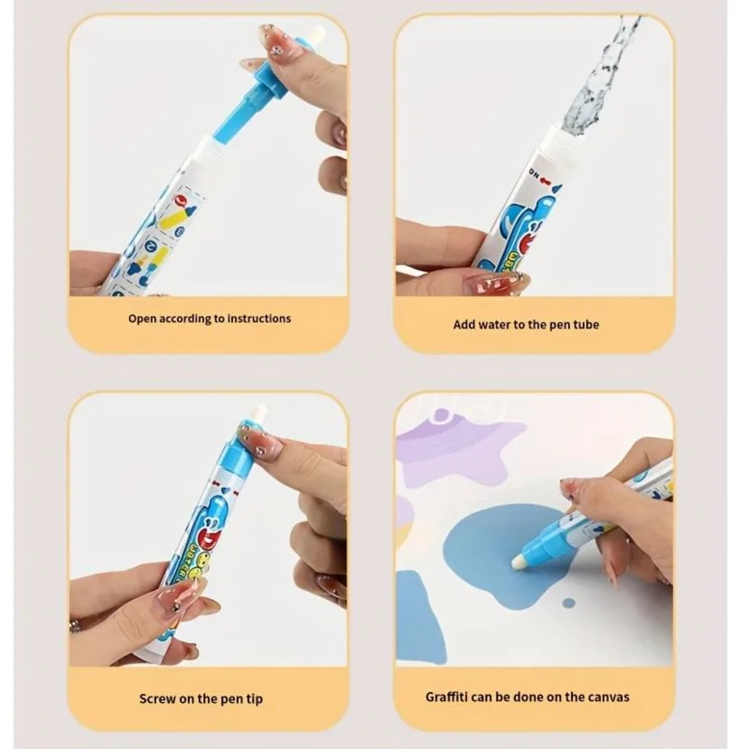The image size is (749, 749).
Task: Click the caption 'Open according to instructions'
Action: [x=210, y=318]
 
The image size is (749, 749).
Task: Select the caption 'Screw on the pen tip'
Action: [x=208, y=698]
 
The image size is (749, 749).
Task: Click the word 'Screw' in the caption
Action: [x=157, y=698]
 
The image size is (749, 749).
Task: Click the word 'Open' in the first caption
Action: [x=143, y=318]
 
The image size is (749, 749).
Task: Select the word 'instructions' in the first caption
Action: [x=257, y=318]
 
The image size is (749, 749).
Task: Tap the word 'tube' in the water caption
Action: [x=585, y=324]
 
